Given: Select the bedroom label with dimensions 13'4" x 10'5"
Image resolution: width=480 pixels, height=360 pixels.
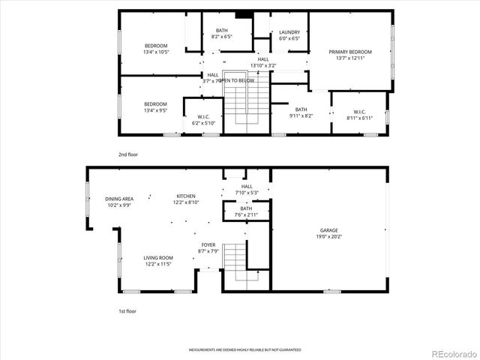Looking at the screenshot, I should click(x=156, y=49).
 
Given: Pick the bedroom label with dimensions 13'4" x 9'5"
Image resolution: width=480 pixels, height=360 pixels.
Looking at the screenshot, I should click(x=155, y=107).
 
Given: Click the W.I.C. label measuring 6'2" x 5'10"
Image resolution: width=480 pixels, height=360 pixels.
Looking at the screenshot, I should click(x=203, y=120).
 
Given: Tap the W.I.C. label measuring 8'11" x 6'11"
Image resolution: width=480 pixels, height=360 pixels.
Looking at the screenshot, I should click(x=359, y=115).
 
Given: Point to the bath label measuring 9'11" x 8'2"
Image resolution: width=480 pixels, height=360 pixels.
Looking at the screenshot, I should click(x=301, y=112).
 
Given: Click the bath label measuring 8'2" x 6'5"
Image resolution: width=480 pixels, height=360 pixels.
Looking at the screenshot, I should click(x=222, y=34).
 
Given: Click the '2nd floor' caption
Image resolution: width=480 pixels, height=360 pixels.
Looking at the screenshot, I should click(x=128, y=154).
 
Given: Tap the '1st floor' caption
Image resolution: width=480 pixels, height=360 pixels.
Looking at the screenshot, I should click(x=127, y=310).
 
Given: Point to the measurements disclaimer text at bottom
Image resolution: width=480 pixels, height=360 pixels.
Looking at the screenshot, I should click(x=244, y=350).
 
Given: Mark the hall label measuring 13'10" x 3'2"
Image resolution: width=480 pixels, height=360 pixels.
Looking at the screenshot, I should click(x=263, y=62).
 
